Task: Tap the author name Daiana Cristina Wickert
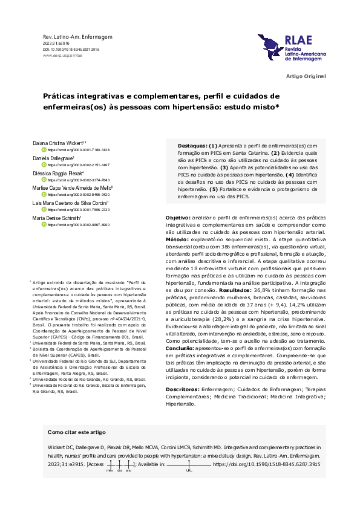tap(66, 143)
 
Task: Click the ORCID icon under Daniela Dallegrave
tap(44, 164)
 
